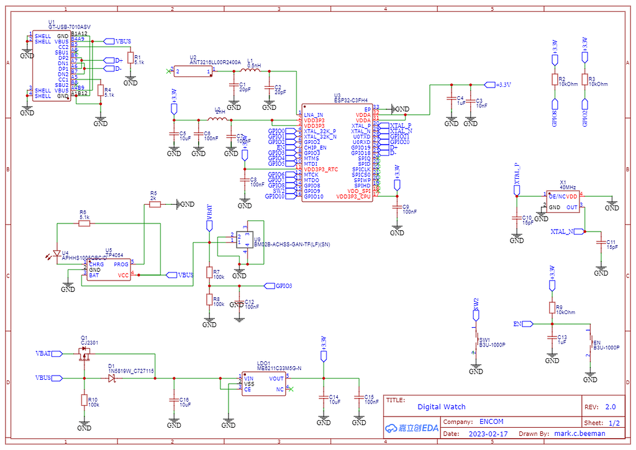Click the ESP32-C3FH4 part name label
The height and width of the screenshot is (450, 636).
350,99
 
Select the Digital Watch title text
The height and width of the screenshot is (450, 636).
441,407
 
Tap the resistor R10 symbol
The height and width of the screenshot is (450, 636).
84,400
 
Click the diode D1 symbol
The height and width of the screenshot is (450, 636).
112,377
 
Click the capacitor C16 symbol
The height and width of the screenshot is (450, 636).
173,402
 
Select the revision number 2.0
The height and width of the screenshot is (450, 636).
610,407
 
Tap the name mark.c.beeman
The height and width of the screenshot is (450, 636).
580,434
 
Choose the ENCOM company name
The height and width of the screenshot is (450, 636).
491,421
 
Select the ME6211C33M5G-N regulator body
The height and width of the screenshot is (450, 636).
263,384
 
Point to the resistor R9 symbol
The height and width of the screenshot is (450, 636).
551,308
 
